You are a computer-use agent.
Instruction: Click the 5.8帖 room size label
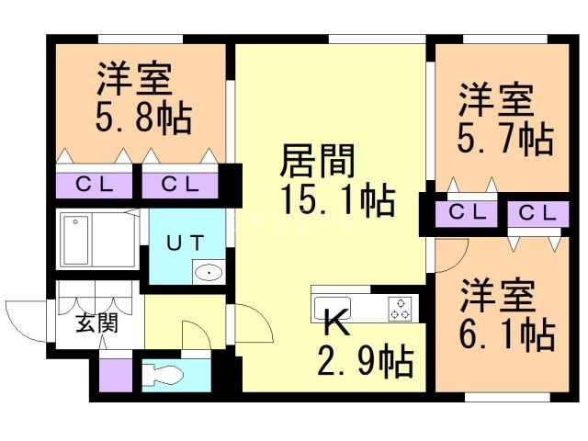point(143,118)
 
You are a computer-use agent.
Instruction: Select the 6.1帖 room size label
point(506,334)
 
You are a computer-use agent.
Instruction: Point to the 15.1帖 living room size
point(338,199)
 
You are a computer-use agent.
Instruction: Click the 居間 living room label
point(318,162)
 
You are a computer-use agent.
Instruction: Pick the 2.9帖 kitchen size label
point(366,361)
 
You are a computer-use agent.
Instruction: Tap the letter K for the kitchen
point(336,322)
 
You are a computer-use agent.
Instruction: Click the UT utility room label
point(186,243)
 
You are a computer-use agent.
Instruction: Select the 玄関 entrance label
point(96,322)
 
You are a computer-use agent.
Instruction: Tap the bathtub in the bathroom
point(76,240)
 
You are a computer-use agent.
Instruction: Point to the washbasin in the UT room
point(209,272)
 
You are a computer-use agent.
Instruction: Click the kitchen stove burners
point(400,309)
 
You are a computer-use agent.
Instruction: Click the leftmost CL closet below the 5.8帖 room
point(94,185)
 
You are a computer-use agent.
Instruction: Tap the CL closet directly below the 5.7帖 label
point(466,213)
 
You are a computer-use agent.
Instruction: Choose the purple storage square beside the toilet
point(117,376)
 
